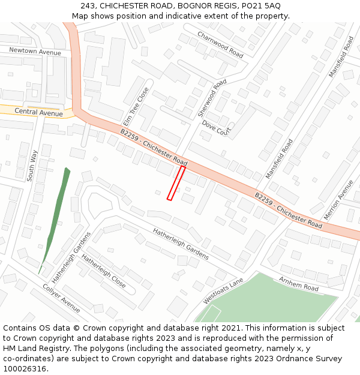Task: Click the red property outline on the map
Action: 176,183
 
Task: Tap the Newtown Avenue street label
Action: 35,52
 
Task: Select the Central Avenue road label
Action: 38,112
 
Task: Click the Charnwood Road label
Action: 220,44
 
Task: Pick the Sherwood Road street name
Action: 212,98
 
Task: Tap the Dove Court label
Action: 216,127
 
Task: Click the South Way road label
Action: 32,165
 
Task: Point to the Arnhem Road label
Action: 298,283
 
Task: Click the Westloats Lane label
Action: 223,290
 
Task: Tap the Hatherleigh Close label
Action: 103,271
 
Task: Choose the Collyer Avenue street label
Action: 61,298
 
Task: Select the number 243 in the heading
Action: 88,5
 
